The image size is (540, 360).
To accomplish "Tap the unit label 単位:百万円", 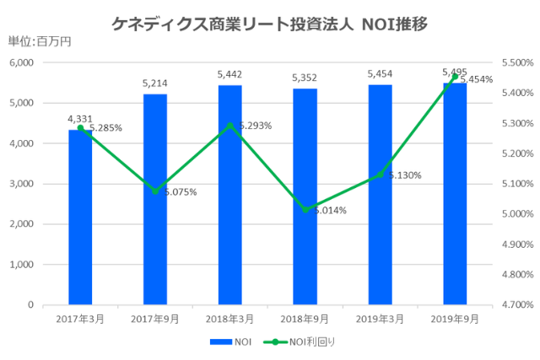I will [x=40, y=43].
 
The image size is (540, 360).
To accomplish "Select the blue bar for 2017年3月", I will [x=80, y=219].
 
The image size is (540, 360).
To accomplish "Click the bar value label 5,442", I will [x=229, y=74].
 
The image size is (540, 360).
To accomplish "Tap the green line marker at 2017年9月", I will [x=155, y=191].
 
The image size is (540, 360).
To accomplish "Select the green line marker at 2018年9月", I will [x=305, y=210].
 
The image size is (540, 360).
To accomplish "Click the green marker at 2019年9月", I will [x=455, y=77].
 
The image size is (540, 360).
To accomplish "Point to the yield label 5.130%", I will [x=404, y=175].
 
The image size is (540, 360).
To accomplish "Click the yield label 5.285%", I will [x=105, y=128].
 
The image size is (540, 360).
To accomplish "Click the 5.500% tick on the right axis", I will [x=517, y=62].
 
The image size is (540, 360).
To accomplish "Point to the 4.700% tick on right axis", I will [x=517, y=304].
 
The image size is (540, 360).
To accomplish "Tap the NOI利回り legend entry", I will [x=292, y=343].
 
